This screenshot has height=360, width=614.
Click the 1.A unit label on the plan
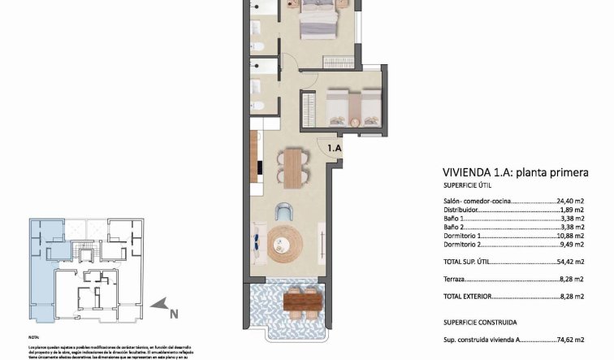tap(335, 148)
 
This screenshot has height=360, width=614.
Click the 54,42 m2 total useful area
tap(570, 262)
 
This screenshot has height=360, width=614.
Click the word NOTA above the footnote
tap(33, 335)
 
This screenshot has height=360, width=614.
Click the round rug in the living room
tap(285, 241)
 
